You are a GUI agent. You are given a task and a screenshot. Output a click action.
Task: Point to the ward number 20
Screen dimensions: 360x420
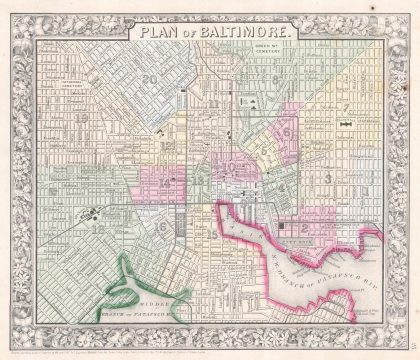click(151, 82)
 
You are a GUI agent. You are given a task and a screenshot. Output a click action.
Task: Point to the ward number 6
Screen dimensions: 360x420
click(286, 132)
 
